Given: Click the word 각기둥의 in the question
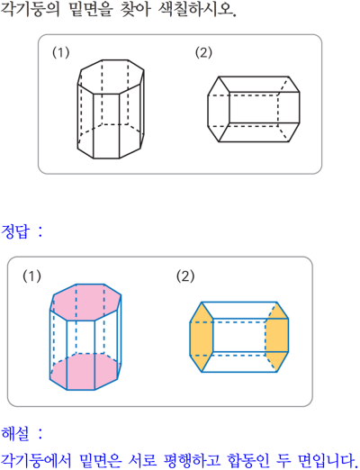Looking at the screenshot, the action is pyautogui.click(x=31, y=9).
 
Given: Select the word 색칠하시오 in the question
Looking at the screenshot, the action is pyautogui.click(x=195, y=9).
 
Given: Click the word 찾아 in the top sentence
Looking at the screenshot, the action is pyautogui.click(x=135, y=9).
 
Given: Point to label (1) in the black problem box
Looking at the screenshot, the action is pyautogui.click(x=61, y=52).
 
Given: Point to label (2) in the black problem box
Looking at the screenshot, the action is pyautogui.click(x=203, y=52).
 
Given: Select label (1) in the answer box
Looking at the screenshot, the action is pyautogui.click(x=31, y=276).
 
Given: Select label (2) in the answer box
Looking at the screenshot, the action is pyautogui.click(x=185, y=276).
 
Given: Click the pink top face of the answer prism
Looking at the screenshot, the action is pyautogui.click(x=85, y=302).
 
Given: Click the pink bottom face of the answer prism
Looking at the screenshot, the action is pyautogui.click(x=85, y=372).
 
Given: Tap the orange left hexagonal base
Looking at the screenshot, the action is pyautogui.click(x=202, y=337).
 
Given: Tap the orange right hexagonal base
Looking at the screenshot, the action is pyautogui.click(x=277, y=337).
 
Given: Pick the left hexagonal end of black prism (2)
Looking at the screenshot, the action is pyautogui.click(x=219, y=109).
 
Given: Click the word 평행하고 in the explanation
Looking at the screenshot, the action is pyautogui.click(x=192, y=460).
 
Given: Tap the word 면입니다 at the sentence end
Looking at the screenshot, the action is pyautogui.click(x=326, y=460).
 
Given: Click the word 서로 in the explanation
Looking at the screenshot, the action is pyautogui.click(x=142, y=460).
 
